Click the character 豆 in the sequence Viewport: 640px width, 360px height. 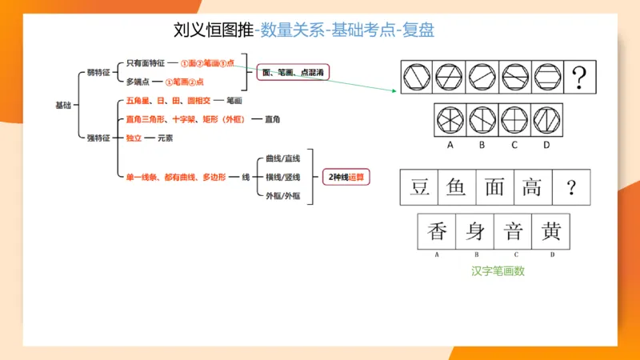tap(419, 187)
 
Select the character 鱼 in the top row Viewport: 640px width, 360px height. tap(456, 187)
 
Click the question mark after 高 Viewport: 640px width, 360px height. tap(570, 188)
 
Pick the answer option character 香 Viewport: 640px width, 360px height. tap(437, 232)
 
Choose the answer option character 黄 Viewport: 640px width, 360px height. tap(550, 232)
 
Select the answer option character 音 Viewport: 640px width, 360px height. tap(513, 232)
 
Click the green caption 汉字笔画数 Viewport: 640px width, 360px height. tap(498, 271)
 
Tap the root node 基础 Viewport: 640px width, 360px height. tap(63, 105)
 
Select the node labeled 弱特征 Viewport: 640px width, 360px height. tap(98, 72)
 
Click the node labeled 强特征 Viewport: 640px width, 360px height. tap(98, 138)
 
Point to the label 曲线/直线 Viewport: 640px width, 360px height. tap(280, 158)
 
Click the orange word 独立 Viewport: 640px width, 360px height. tap(134, 138)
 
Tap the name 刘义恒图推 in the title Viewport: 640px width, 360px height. tap(212, 30)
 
